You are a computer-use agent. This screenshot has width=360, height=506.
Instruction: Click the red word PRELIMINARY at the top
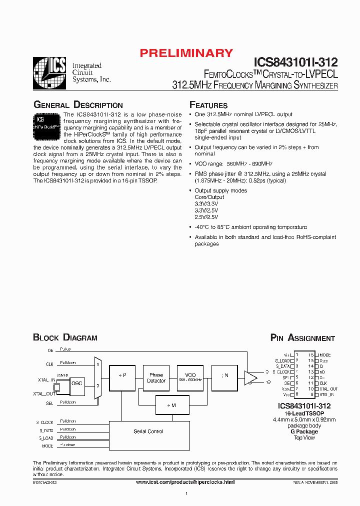coord(186,53)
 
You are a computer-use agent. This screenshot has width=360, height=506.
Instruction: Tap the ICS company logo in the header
coord(49,73)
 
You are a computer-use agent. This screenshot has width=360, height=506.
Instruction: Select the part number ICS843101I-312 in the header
coord(296,62)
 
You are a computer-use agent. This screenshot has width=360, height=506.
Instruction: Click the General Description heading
coord(77,105)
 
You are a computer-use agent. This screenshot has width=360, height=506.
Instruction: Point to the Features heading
coord(208,105)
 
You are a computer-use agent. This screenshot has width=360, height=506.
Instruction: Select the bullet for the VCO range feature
coord(190,164)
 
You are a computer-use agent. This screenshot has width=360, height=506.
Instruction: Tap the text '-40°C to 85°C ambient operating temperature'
coord(250,227)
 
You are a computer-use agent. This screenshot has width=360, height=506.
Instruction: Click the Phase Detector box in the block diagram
coord(156,377)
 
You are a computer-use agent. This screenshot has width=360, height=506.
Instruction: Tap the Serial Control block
coord(148,431)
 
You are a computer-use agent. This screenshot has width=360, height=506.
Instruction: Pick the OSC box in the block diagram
coord(76,383)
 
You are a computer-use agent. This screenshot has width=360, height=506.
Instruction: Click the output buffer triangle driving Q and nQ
coord(250,378)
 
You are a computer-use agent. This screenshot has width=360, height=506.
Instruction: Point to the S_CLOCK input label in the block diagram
coord(44,422)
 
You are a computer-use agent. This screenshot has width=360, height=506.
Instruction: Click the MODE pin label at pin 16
coord(324,355)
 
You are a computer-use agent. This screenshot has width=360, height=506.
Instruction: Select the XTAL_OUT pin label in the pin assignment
coord(328,388)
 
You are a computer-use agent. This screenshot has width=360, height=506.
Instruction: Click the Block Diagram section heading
coord(65,337)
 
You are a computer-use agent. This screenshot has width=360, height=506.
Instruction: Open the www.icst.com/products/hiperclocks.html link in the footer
coord(185,481)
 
